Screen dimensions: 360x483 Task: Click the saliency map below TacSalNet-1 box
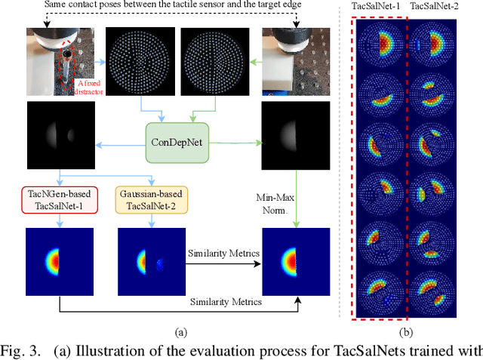coord(56,260)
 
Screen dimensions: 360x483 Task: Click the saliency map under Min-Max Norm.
coord(292,260)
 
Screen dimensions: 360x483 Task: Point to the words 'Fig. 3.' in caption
coord(23,351)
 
